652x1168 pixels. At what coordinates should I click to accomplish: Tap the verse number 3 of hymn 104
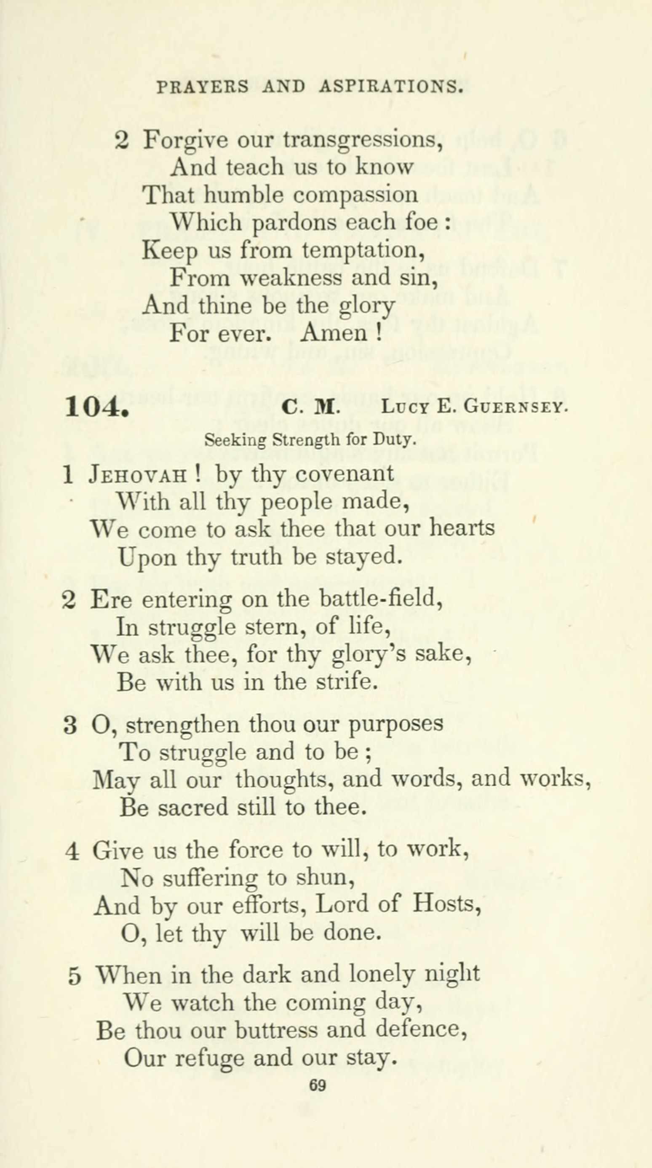click(x=69, y=725)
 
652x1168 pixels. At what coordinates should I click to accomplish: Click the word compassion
click(x=355, y=195)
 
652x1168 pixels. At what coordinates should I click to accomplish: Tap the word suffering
click(x=210, y=877)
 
